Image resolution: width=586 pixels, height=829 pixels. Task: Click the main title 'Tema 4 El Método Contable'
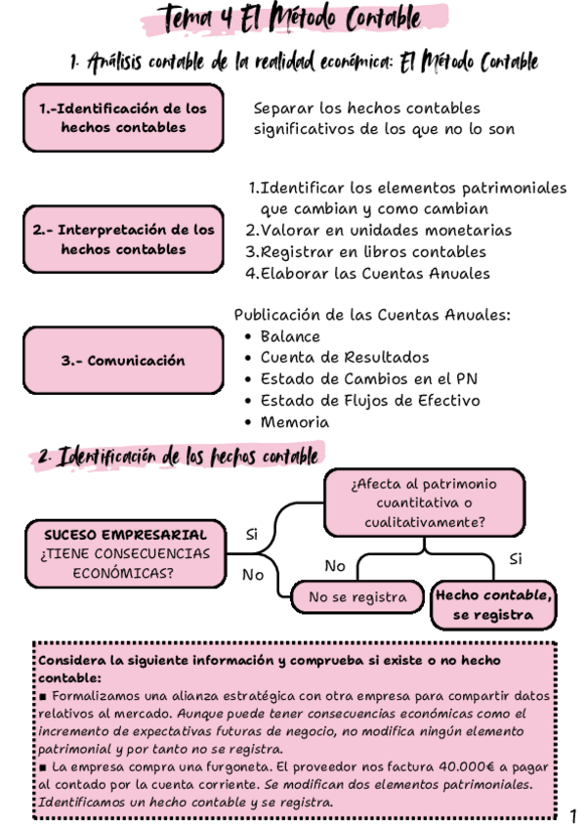pos(293,19)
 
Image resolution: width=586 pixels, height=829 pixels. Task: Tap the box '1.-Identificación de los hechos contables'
pos(123,118)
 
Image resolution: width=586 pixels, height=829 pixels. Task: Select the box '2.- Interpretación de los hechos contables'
pos(123,240)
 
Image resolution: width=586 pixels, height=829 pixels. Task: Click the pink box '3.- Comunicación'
pos(123,361)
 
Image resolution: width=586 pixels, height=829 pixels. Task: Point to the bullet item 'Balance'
pos(290,336)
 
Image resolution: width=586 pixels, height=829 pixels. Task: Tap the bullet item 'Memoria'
pos(294,422)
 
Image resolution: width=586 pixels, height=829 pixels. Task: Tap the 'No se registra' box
pos(357,596)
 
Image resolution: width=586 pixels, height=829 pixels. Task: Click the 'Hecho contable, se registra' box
pos(493,605)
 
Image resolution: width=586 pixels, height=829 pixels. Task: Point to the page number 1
pos(572,815)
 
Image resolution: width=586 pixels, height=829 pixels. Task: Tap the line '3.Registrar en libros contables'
pos(365,252)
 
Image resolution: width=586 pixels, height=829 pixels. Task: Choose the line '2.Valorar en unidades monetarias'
pos(378,231)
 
